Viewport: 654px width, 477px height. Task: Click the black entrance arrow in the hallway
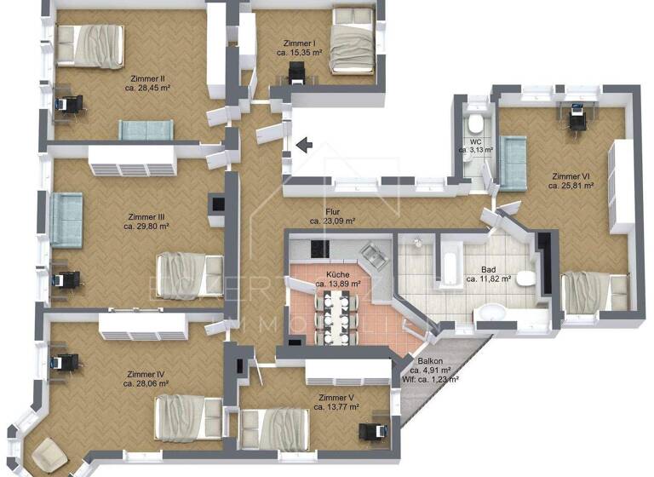click(x=304, y=146)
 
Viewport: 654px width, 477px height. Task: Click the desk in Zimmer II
click(x=68, y=104)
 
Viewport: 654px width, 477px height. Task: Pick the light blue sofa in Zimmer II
click(x=146, y=130)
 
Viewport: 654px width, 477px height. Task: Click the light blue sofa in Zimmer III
click(x=65, y=220)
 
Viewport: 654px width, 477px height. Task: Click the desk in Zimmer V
click(x=371, y=432)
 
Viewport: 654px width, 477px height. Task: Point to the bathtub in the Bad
click(x=449, y=264)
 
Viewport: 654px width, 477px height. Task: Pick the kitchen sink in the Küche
click(x=371, y=255)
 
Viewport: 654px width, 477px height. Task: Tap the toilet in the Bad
click(x=525, y=279)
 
